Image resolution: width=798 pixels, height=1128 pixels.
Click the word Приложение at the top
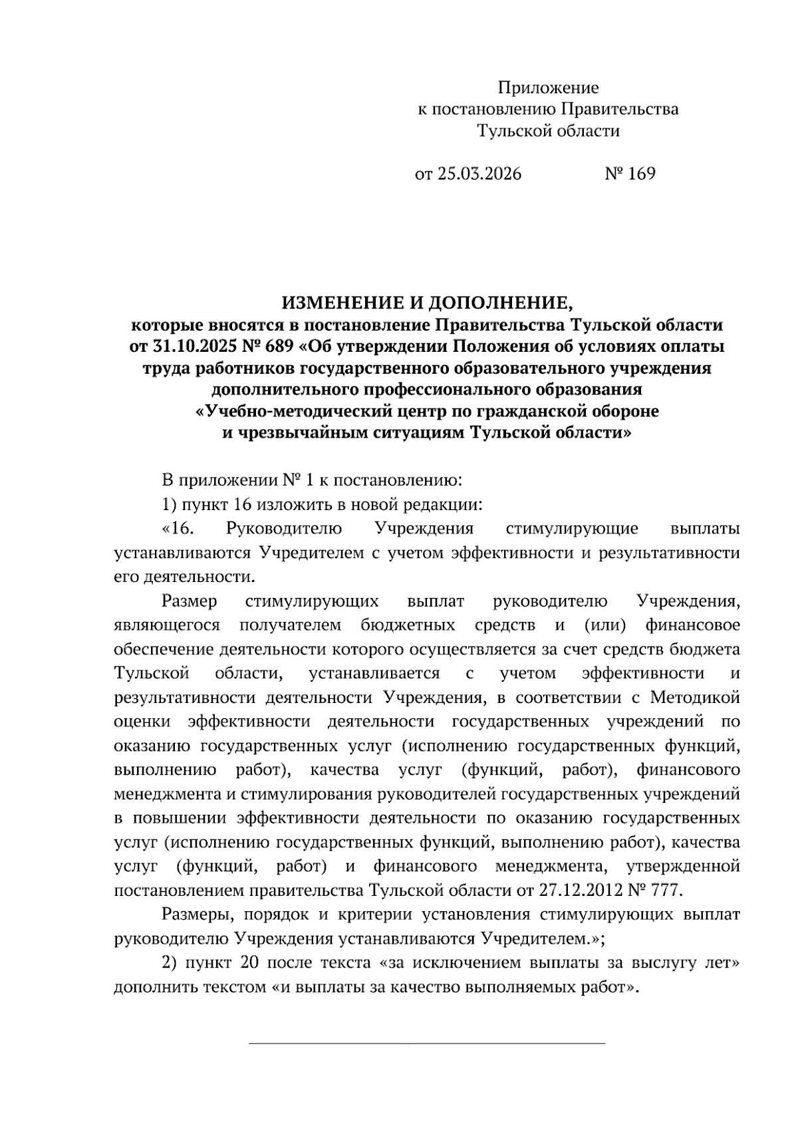tap(549, 88)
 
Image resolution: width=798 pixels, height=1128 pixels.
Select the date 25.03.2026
tap(478, 174)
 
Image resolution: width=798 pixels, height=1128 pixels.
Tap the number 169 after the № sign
tap(640, 174)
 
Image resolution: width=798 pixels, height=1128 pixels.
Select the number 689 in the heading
tap(279, 347)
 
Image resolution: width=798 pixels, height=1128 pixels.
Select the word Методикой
tap(695, 698)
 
